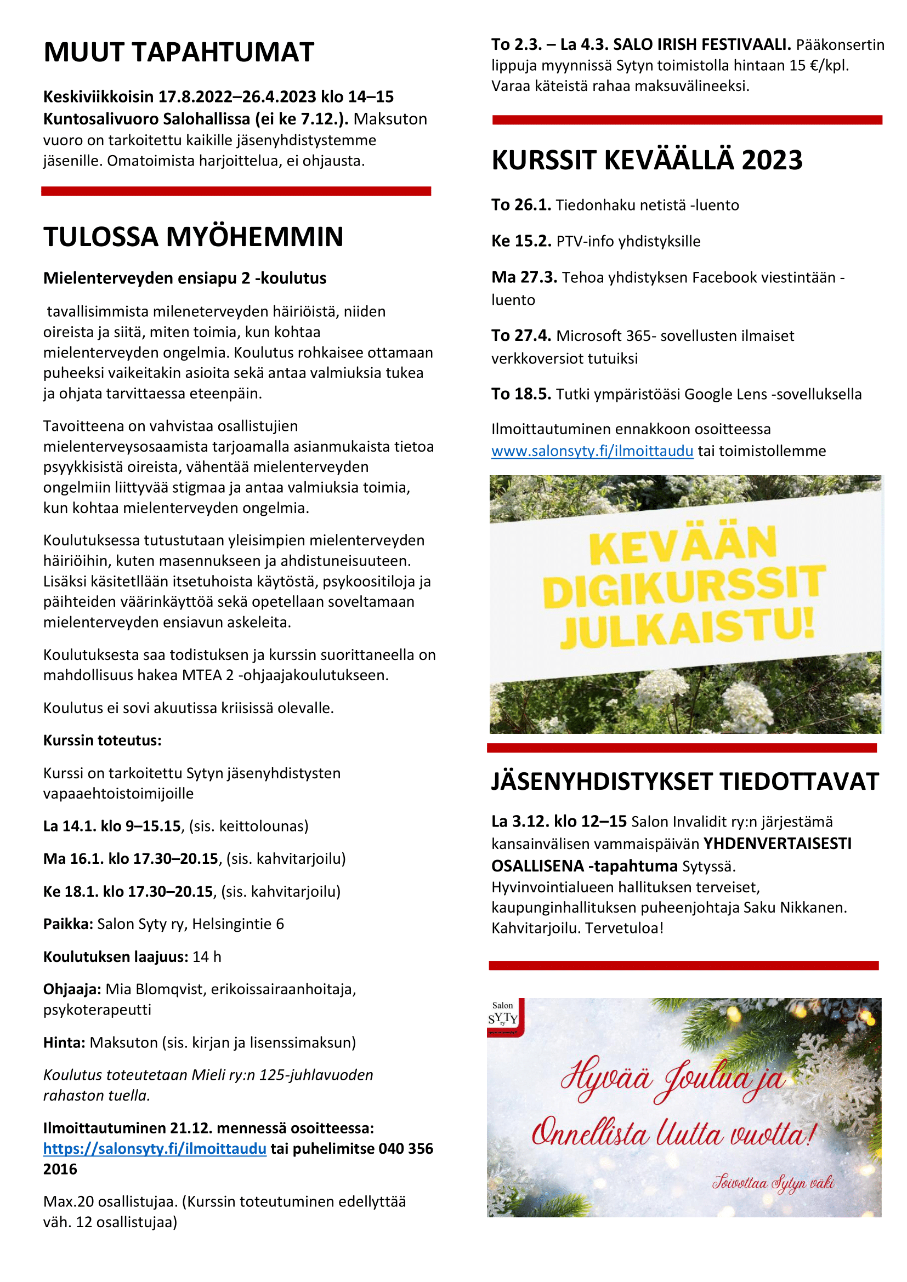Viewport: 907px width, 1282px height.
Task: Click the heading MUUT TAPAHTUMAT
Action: (179, 52)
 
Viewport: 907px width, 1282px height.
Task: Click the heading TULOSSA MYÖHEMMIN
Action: (193, 237)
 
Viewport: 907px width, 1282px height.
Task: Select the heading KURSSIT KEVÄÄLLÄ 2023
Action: (647, 160)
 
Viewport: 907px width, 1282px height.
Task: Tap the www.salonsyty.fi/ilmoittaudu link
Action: (592, 451)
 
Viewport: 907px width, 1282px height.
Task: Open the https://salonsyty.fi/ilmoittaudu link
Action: (155, 1149)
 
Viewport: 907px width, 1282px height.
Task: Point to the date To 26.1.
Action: (521, 205)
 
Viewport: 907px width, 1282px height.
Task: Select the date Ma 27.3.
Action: (524, 277)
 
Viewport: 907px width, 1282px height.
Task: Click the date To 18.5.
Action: (521, 394)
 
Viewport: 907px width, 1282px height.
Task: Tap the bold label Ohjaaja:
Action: (72, 989)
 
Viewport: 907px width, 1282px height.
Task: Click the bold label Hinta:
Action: (64, 1042)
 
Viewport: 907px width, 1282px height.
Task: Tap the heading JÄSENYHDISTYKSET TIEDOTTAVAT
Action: (685, 782)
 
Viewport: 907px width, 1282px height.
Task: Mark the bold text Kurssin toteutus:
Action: (102, 740)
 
